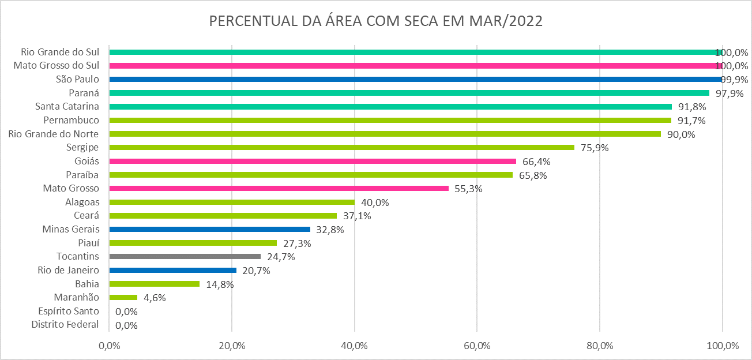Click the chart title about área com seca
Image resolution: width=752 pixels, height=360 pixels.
[375, 21]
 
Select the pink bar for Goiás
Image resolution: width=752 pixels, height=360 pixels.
[313, 161]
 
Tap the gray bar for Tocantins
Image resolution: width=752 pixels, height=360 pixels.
[185, 256]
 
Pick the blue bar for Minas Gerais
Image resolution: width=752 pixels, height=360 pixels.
[209, 229]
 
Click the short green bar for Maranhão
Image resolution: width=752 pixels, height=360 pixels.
[123, 297]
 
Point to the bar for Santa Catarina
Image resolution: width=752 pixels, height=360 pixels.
[390, 106]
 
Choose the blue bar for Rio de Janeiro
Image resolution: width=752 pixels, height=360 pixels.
[172, 270]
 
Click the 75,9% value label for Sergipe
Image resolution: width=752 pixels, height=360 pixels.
[595, 148]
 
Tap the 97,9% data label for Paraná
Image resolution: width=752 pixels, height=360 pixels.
[730, 93]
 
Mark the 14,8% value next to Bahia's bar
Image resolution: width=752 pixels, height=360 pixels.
[220, 284]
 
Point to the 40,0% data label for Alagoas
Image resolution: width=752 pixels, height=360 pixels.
[375, 202]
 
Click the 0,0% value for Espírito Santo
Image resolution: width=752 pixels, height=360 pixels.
[126, 312]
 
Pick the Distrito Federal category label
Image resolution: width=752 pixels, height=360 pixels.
[65, 325]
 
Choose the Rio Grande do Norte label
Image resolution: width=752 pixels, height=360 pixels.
[54, 134]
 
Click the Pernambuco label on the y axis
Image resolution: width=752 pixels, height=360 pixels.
[71, 120]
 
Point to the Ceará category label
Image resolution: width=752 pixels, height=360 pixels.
[87, 215]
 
